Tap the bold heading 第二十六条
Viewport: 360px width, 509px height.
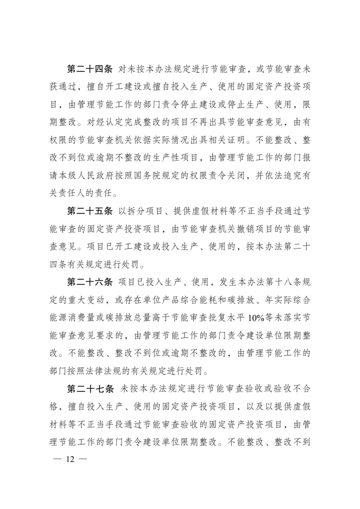90,281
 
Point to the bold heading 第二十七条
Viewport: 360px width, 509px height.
90,389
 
